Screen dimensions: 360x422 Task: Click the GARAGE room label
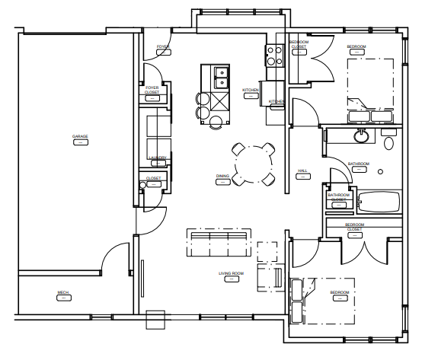coord(80,137)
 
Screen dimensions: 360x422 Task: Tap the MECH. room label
coord(63,292)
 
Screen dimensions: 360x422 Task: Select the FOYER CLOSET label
coord(152,91)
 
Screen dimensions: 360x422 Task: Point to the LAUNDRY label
coord(157,159)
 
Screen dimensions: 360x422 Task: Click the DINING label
coord(222,177)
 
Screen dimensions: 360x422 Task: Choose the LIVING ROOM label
coord(231,273)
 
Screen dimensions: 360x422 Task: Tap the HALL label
coord(302,171)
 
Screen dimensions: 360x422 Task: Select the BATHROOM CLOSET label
coord(338,197)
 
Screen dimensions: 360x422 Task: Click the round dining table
coord(254,163)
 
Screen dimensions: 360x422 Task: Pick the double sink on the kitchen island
coord(222,77)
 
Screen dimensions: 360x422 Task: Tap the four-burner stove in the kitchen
coord(274,54)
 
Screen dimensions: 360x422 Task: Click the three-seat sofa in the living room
coord(219,243)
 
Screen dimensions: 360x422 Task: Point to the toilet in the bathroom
coord(389,142)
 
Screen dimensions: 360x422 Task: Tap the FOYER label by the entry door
coord(163,47)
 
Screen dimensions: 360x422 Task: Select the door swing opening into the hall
coord(305,114)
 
